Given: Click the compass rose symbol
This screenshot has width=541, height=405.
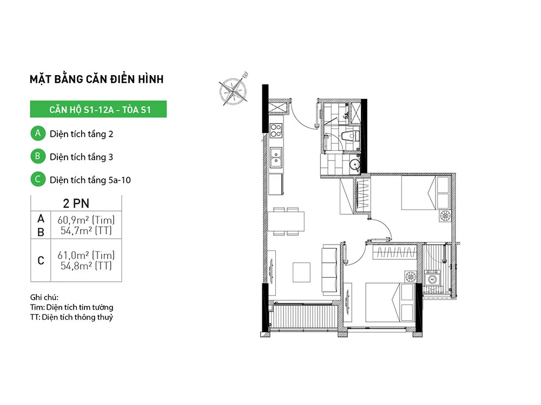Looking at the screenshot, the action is [x=233, y=90].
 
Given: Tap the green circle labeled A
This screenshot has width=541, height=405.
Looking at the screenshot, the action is [x=38, y=133].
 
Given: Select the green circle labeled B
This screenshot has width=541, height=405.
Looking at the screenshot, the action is [x=38, y=157].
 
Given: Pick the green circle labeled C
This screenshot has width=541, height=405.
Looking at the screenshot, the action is [x=38, y=179].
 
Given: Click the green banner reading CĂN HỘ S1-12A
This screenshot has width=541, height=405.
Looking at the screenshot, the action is [x=98, y=109].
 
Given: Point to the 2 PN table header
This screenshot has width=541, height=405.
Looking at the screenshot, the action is [x=76, y=203].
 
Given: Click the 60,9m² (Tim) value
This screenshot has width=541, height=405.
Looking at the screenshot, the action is [x=86, y=220].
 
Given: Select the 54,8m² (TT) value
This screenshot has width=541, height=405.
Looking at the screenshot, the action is [x=86, y=266].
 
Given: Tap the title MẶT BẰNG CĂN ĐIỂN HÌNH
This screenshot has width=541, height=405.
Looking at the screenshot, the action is [x=97, y=79].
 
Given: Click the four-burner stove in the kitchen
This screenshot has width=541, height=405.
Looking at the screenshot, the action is [x=276, y=131].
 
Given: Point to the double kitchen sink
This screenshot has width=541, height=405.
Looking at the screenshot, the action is [x=276, y=158].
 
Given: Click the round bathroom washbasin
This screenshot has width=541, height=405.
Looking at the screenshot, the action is [x=354, y=165].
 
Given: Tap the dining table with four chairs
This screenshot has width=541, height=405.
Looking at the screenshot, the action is [x=286, y=221].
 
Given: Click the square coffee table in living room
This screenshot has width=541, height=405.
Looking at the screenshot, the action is [x=301, y=272].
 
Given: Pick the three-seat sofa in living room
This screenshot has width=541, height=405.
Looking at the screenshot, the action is [x=329, y=269].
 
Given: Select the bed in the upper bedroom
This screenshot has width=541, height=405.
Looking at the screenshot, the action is [x=426, y=193].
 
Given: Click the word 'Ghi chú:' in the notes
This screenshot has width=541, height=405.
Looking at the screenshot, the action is [x=44, y=297].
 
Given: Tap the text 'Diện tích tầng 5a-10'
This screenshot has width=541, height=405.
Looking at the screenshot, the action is [x=90, y=180].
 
